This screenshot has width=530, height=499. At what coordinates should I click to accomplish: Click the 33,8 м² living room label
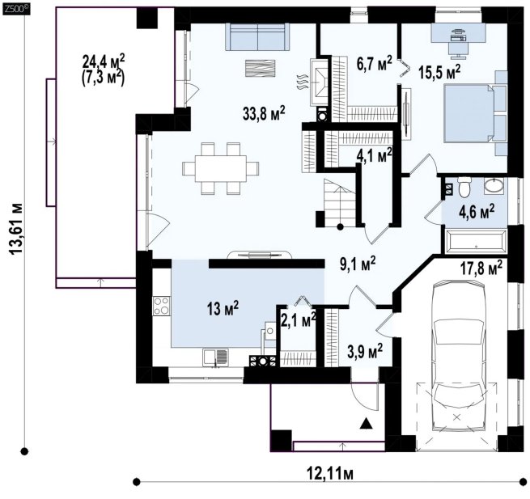pos(264,113)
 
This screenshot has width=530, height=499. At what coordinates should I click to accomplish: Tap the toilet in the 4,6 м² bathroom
pos(464,187)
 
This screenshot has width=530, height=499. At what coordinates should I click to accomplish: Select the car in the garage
pos(459,355)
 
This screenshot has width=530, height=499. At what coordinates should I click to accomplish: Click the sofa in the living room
pos(257,36)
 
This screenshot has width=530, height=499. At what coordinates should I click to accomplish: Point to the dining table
pos(221,168)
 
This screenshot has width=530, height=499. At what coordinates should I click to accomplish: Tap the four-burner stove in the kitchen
pos(162,306)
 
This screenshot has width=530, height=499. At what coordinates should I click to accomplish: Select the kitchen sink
pos(215,357)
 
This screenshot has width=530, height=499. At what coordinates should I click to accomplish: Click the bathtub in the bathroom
pos(477,241)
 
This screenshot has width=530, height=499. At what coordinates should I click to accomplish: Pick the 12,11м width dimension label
pos(330,474)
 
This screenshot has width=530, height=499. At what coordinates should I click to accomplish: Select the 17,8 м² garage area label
pos(481,268)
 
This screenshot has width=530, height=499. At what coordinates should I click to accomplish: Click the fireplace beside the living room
pos(319,82)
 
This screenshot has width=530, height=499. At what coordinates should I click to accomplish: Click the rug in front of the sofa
pos(260,70)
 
